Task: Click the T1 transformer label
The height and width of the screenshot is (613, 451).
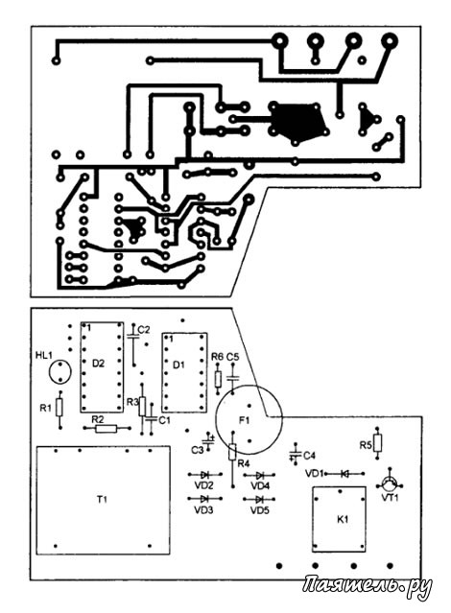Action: pos(102,499)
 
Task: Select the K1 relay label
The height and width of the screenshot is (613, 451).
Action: pos(343,520)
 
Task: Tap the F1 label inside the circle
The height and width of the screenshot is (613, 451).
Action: pos(244,420)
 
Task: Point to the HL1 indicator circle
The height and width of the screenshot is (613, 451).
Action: pos(60,372)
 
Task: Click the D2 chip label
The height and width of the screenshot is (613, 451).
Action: pos(98,364)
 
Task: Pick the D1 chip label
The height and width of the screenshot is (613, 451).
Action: pos(178,365)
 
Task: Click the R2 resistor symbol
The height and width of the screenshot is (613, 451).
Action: pos(107,429)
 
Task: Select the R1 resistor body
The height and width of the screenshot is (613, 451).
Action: pos(59,408)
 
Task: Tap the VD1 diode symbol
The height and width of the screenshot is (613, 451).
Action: pos(344,474)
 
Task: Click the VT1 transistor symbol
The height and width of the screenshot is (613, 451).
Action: pos(390,484)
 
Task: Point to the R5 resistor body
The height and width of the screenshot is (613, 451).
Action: pos(377,443)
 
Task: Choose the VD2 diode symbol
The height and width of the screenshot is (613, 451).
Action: pos(205,475)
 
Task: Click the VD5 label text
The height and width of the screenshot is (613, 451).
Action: pos(260,510)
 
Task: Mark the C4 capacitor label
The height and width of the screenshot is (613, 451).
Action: pos(309,456)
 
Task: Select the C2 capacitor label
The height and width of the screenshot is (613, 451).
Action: pos(144,330)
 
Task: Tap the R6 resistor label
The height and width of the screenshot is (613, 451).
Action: pos(217,357)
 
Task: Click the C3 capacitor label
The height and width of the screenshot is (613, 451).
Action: pos(197,450)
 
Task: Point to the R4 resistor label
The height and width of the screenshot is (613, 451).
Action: pos(244,464)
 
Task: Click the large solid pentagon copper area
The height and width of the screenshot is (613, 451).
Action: pos(297,123)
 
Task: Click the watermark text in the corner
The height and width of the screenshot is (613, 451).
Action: pos(368,586)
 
